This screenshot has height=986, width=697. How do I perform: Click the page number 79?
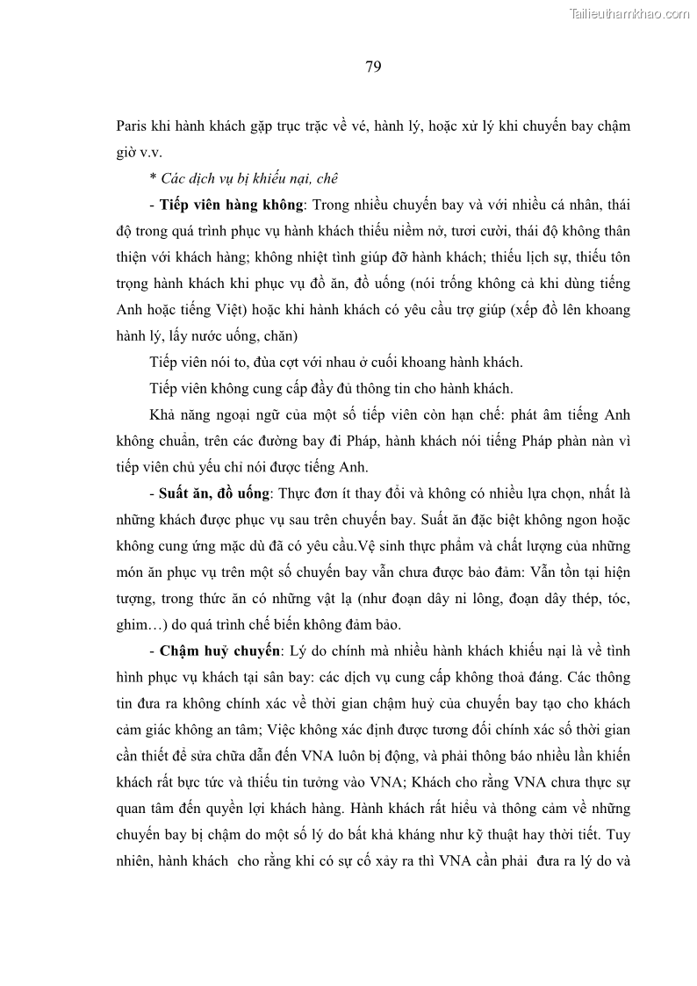tap(373, 68)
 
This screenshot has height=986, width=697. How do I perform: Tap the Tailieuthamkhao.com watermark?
tap(629, 12)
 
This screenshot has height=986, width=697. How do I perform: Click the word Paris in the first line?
tap(133, 126)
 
